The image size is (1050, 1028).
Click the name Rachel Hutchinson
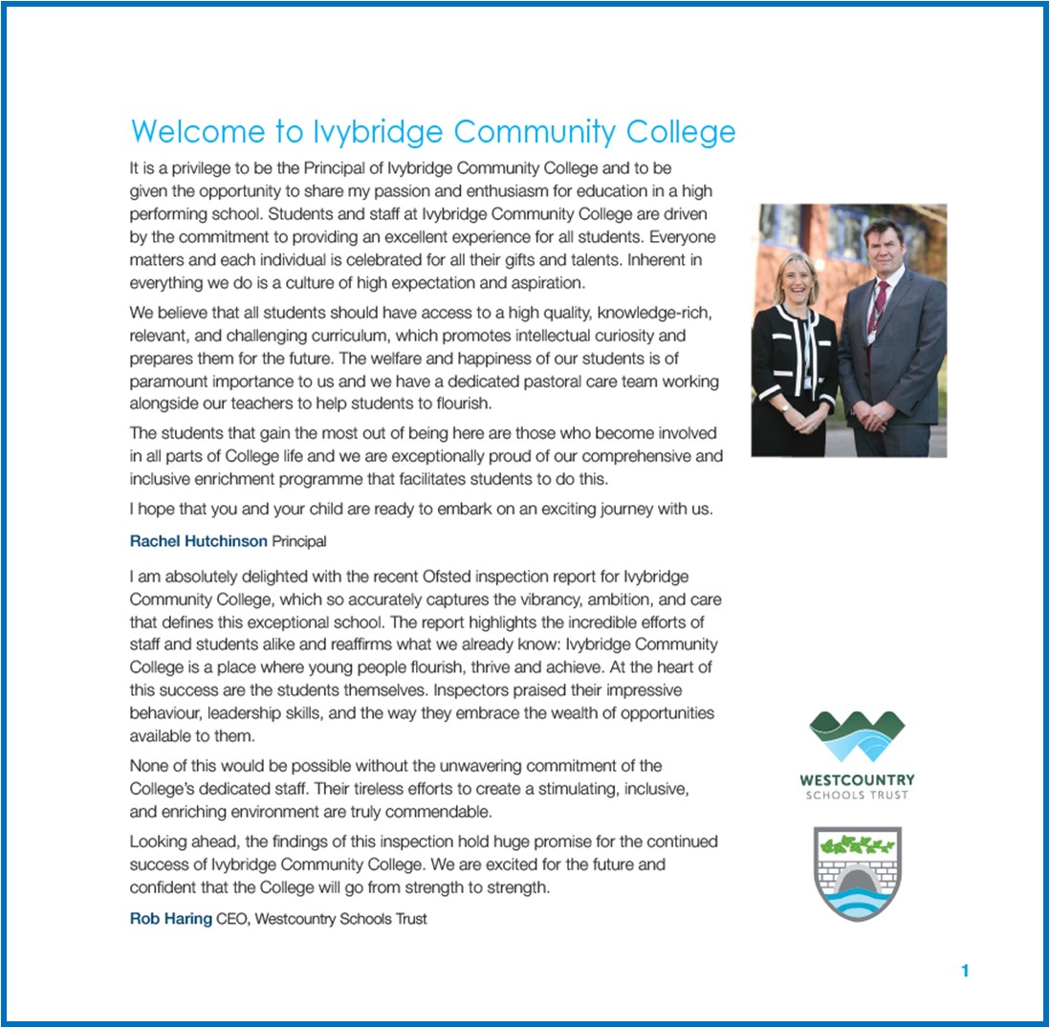tap(198, 541)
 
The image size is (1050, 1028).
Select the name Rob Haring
tap(170, 919)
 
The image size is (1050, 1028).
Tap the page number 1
tap(965, 972)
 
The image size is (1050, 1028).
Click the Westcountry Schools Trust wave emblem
tap(857, 736)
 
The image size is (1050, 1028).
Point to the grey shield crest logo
tap(857, 874)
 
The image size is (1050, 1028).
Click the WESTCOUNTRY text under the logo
tap(857, 780)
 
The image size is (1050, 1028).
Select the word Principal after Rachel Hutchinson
tap(299, 541)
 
